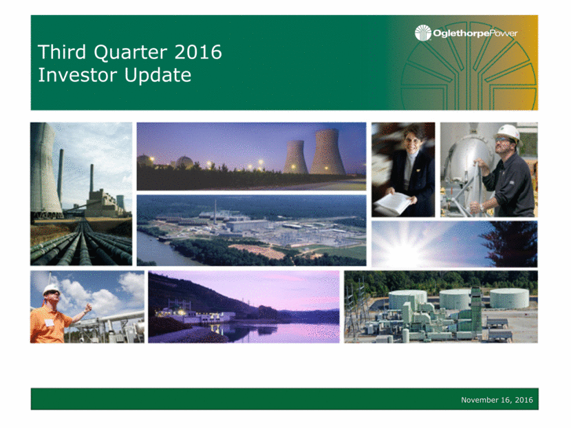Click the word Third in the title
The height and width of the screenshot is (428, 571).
tap(62, 52)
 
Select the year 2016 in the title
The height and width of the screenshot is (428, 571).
tap(198, 52)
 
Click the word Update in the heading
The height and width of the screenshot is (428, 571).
tap(158, 76)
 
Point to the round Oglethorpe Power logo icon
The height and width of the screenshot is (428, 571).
tap(423, 33)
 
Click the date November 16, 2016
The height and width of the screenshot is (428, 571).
tap(497, 400)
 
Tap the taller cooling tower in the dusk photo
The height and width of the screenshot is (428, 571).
tap(327, 151)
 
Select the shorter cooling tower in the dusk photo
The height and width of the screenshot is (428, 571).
tap(295, 157)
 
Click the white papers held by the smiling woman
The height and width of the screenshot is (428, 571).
tap(394, 203)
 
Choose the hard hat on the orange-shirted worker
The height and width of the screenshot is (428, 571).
tap(51, 289)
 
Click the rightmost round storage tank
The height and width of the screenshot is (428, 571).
tap(509, 298)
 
